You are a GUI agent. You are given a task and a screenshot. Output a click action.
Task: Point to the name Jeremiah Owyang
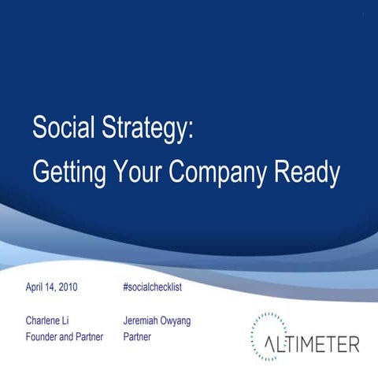point(157,321)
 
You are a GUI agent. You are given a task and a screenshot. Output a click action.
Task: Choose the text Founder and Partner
point(65,337)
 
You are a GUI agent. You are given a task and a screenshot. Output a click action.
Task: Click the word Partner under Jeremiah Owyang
point(138,337)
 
